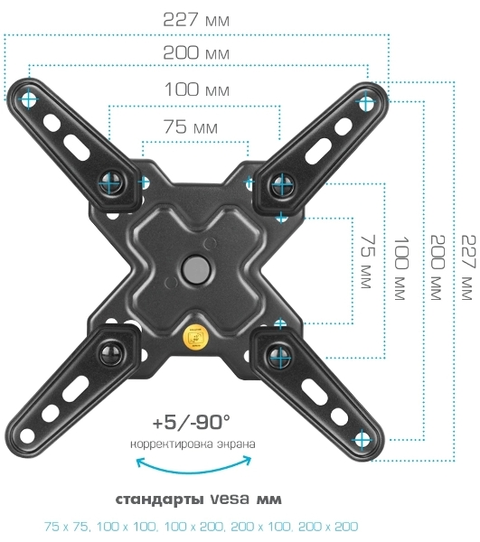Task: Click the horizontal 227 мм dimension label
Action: [196, 20]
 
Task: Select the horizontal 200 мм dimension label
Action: [196, 53]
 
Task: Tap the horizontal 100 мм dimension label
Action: [197, 89]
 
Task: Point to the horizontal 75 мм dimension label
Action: [191, 126]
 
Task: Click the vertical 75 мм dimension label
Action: [368, 262]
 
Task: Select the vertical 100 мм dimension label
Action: [401, 268]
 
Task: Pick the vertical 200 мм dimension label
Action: [438, 267]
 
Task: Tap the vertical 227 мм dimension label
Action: [468, 267]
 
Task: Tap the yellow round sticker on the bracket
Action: [196, 336]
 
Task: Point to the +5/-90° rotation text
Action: [192, 423]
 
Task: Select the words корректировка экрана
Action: [193, 444]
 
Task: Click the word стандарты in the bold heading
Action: [159, 500]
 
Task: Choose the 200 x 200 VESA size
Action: [328, 527]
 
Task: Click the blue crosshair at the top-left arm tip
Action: [29, 98]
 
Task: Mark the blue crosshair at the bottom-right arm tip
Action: [362, 440]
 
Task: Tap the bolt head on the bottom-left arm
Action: [111, 353]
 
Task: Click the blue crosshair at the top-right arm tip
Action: [365, 102]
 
